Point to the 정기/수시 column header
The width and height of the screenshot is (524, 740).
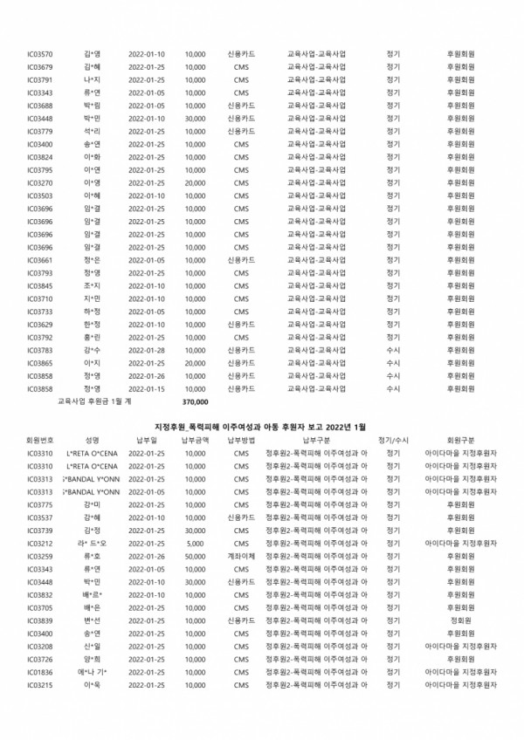(x=394, y=441)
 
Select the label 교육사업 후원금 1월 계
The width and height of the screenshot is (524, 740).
(x=93, y=403)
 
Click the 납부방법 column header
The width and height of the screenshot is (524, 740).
(x=242, y=441)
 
